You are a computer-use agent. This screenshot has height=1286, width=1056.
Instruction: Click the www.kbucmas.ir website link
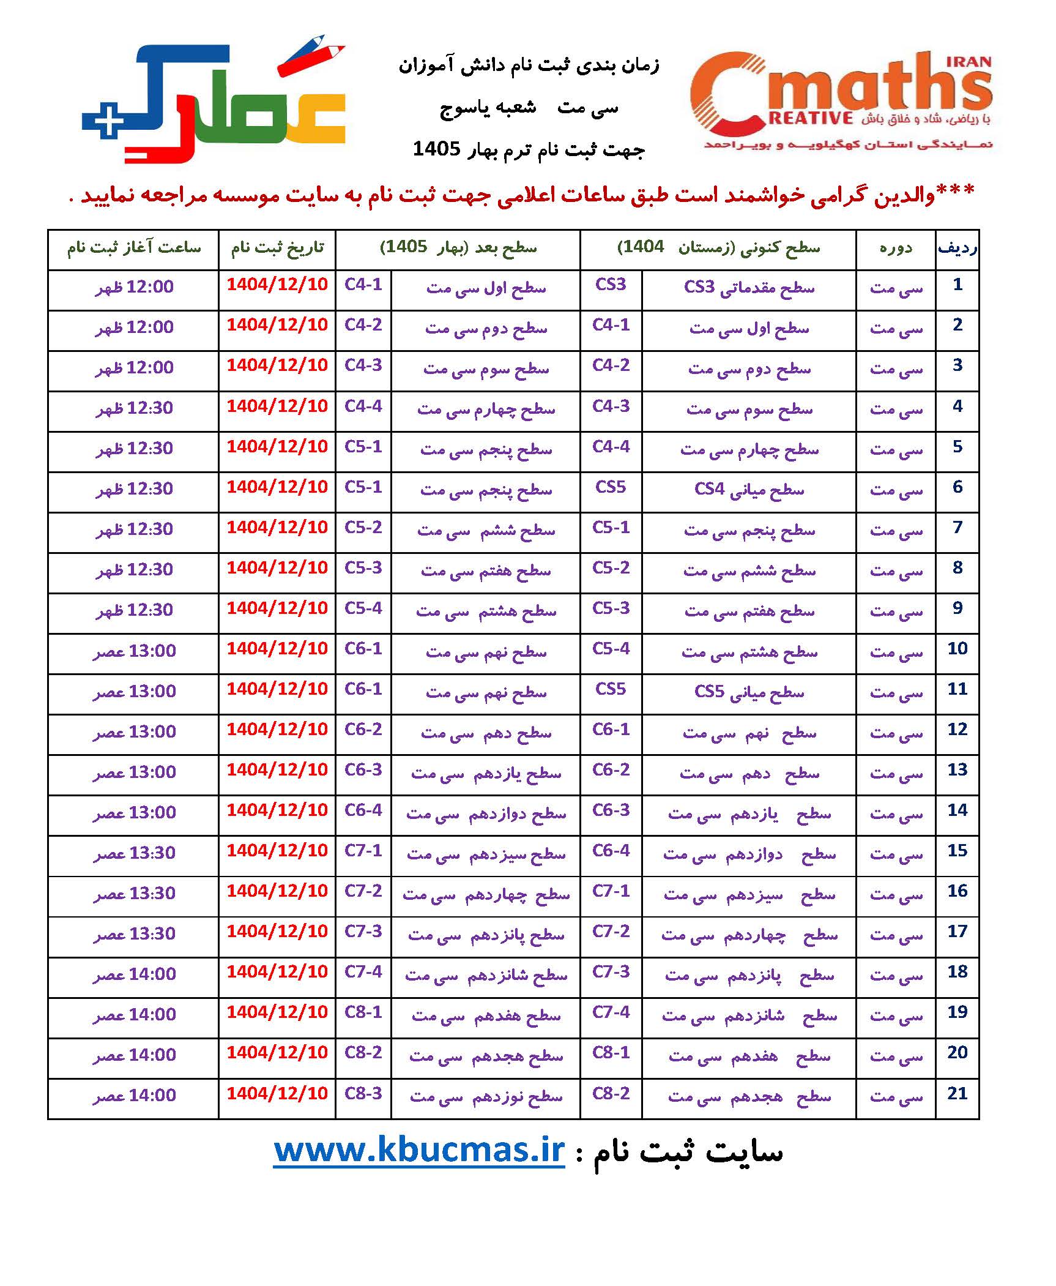419,1150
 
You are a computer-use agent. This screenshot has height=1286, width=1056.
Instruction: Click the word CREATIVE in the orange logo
811,118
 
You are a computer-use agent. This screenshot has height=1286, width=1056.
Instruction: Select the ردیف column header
957,248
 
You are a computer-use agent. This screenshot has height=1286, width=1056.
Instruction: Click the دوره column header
896,248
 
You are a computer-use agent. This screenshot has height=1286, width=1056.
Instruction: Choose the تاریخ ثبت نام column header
277,248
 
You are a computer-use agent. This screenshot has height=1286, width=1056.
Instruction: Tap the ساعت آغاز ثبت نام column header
133,248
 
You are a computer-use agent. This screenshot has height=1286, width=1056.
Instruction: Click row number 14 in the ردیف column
957,810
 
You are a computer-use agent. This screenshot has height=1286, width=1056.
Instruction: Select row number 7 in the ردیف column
957,528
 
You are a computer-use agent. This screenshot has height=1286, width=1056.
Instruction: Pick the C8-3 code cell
363,1093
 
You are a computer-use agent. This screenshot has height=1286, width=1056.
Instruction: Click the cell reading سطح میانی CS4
749,490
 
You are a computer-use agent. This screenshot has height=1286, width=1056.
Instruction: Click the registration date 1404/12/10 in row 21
277,1093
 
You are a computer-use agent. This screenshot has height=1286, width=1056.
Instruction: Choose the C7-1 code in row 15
363,851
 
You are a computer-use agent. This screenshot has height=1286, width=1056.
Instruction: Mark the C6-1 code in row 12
611,730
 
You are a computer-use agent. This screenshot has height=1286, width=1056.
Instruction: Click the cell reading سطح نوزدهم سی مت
486,1096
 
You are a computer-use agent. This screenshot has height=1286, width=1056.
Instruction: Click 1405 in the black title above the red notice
436,149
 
